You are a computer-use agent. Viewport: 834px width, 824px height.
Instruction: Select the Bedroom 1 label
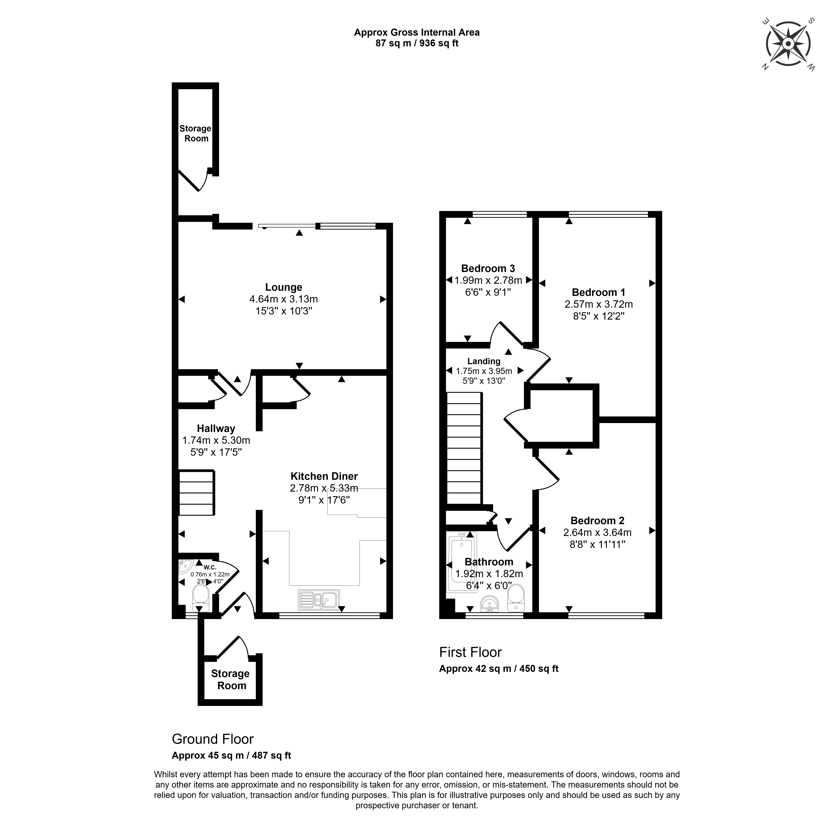coord(598,292)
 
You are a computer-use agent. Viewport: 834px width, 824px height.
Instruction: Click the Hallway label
coord(216,429)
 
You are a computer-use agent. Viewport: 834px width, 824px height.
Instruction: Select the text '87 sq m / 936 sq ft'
coord(417,44)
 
